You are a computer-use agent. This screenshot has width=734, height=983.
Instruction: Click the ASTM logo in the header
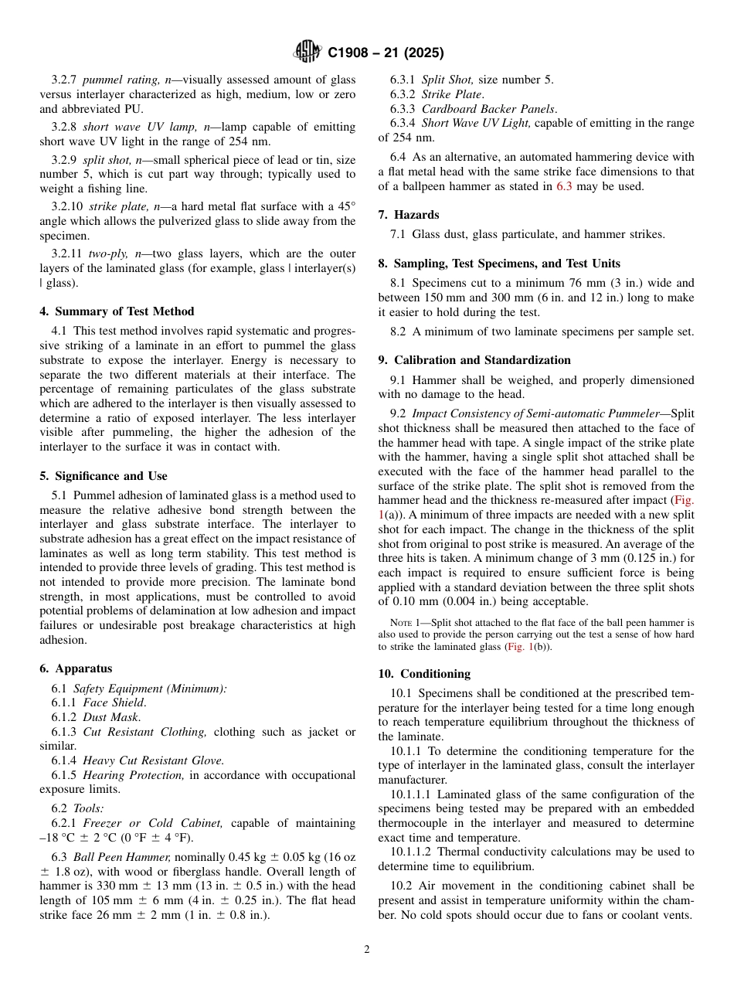308,53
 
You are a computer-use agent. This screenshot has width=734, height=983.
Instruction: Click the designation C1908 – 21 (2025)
386,53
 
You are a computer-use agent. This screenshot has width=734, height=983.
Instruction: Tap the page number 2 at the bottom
367,950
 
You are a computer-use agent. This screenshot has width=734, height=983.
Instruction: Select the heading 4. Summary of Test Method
117,311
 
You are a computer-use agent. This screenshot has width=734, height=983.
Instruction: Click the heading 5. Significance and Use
103,476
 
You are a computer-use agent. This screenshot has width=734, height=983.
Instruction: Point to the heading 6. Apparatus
76,668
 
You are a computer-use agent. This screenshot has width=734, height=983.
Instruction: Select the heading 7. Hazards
409,214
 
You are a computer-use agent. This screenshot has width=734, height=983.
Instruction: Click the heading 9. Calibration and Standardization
474,360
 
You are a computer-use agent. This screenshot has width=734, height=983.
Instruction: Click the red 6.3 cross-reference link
564,186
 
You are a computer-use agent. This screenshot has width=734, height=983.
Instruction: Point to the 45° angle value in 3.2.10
348,206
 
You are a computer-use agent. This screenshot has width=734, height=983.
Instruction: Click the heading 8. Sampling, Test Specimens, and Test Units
499,264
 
